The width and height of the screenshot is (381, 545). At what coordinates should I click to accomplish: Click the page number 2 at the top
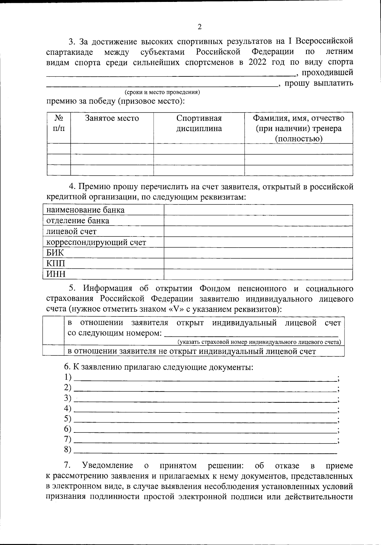click(x=199, y=27)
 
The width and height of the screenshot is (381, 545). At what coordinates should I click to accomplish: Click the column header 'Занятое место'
click(x=112, y=119)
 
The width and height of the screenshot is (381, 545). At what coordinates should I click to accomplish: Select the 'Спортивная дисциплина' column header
click(x=199, y=123)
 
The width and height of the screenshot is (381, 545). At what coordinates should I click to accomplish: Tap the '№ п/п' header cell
click(x=59, y=123)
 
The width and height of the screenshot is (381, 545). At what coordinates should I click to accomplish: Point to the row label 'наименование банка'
click(x=85, y=210)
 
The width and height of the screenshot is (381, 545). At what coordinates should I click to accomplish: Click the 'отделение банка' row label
click(x=78, y=221)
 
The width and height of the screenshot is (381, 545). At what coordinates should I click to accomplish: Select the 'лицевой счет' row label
click(x=71, y=231)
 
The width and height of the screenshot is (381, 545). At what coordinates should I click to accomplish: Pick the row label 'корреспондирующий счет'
click(x=96, y=243)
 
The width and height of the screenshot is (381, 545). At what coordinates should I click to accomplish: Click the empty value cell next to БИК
click(x=258, y=253)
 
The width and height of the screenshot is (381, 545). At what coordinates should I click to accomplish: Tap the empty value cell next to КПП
click(x=258, y=264)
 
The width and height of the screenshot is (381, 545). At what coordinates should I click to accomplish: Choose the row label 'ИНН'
click(x=56, y=274)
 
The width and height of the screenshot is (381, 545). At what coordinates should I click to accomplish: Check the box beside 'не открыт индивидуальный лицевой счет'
click(x=53, y=351)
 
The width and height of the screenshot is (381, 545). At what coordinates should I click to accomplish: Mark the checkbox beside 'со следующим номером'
click(x=53, y=330)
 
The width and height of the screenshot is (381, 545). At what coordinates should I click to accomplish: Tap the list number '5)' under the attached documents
click(x=68, y=419)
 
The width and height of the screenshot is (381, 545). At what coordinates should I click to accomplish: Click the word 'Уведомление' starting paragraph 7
click(x=107, y=465)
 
